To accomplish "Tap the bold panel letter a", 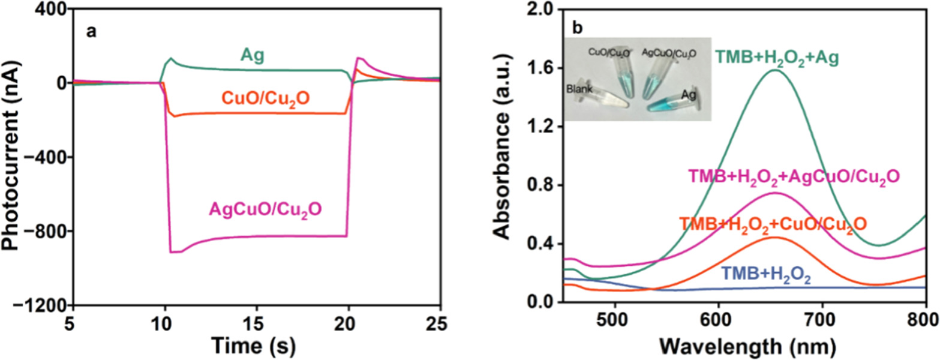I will [91, 32].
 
